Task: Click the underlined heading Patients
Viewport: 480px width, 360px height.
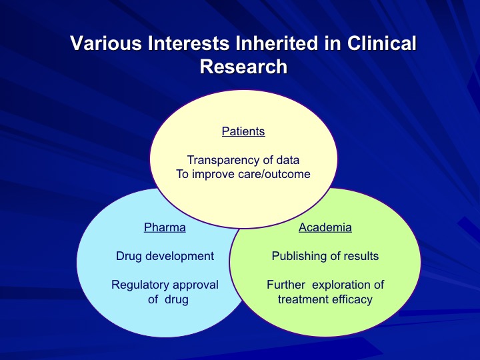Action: click(x=243, y=131)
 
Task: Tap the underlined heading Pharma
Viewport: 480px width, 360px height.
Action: click(x=165, y=227)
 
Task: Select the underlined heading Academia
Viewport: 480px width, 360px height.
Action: click(x=325, y=227)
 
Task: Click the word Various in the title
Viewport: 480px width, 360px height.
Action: click(x=106, y=43)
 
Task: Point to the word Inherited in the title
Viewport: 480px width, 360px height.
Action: click(x=277, y=43)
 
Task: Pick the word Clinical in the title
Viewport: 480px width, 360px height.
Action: click(x=382, y=43)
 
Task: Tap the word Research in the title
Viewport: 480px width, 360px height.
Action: click(x=244, y=67)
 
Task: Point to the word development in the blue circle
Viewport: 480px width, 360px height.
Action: click(x=179, y=256)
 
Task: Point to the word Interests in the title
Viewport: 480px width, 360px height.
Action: click(x=188, y=43)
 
